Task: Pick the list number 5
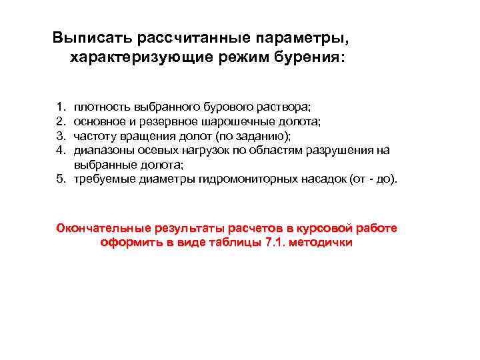pos(61,179)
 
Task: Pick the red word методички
pos(319,243)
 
